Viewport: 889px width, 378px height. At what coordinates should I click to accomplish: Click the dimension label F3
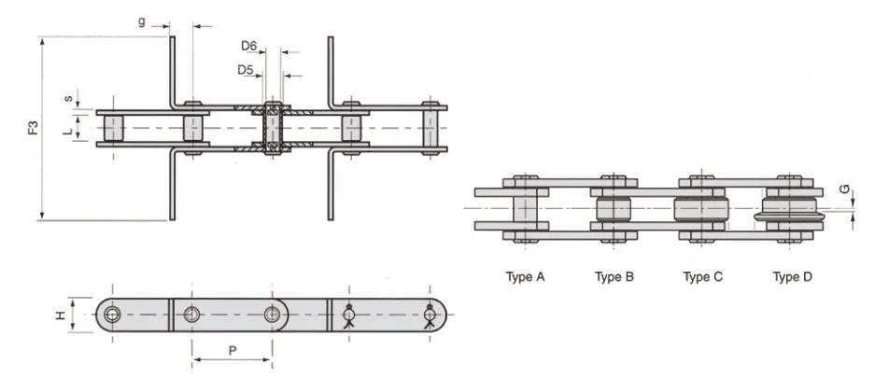coord(34,129)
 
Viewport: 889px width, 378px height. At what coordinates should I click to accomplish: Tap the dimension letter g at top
coord(142,21)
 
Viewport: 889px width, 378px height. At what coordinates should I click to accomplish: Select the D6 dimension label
coord(248,45)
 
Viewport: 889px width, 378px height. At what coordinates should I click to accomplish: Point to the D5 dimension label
coord(245,69)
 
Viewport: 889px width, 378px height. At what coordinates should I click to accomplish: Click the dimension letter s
coord(67,97)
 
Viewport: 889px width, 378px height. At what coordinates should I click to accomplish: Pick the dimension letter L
coord(67,132)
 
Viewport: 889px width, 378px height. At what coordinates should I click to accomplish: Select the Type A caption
coord(525,276)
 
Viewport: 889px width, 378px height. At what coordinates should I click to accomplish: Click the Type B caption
coord(614,276)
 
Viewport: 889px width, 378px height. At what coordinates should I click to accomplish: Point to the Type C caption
coord(702,276)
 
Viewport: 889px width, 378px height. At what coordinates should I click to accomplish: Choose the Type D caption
coord(792,276)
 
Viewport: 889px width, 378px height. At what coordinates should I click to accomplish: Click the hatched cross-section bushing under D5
coord(273,128)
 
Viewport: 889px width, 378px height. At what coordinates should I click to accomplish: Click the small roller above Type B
coord(614,208)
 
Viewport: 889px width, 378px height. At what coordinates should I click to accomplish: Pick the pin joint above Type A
coord(525,208)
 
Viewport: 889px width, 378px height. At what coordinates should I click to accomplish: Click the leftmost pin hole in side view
coord(113,314)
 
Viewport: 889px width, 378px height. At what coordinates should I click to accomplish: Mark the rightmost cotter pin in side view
coord(430,315)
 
